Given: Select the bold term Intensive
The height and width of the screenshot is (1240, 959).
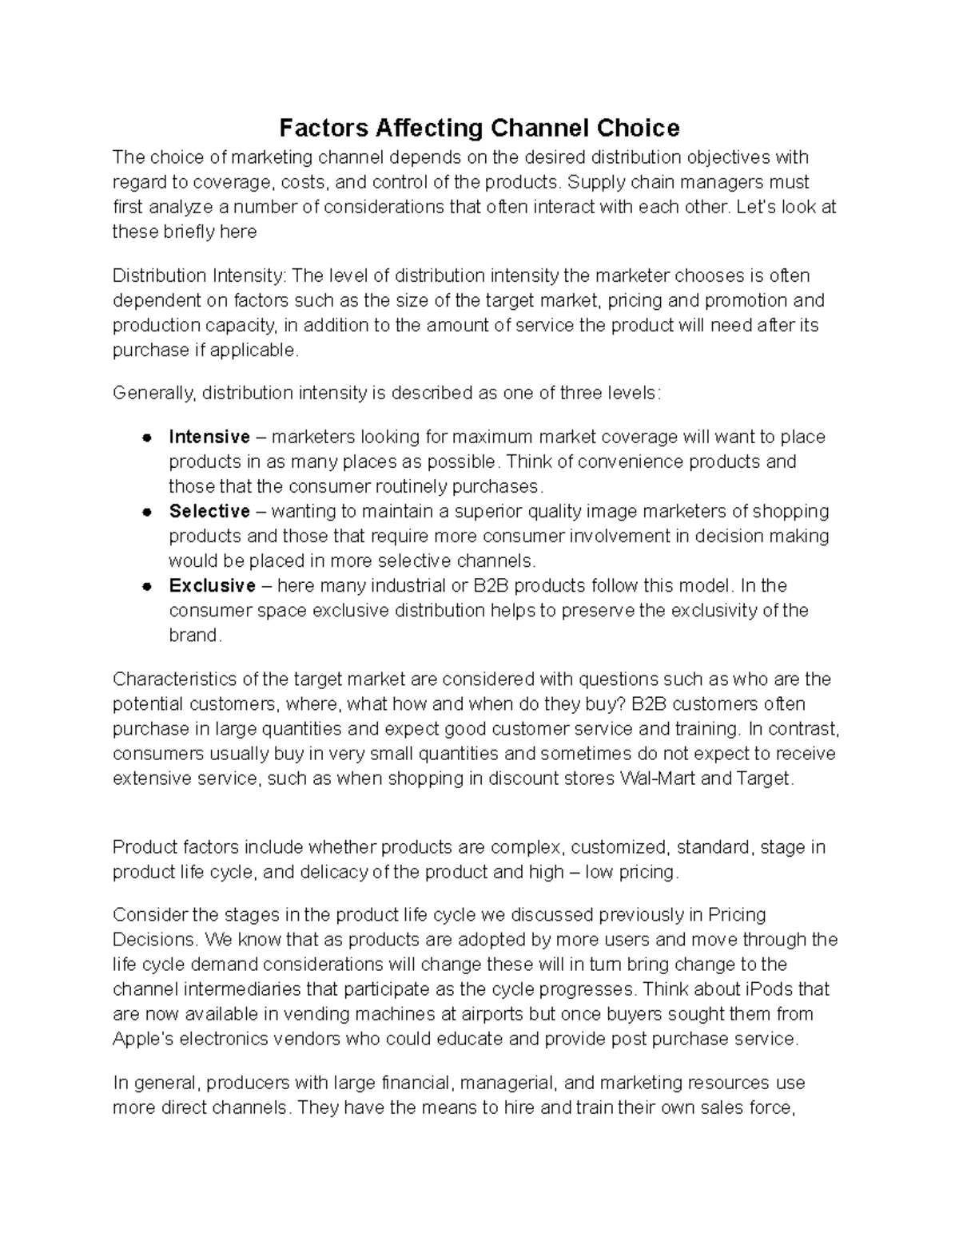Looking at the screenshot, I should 209,437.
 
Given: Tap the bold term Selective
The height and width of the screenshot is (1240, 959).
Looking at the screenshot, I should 209,511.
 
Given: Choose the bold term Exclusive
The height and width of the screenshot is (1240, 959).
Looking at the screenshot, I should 212,585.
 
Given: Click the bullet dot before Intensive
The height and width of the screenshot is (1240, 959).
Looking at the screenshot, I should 146,438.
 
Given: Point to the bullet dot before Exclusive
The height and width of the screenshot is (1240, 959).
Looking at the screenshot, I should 146,586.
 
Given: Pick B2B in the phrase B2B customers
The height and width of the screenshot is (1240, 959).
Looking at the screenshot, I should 648,704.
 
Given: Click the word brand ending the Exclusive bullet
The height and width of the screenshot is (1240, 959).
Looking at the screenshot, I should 193,636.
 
